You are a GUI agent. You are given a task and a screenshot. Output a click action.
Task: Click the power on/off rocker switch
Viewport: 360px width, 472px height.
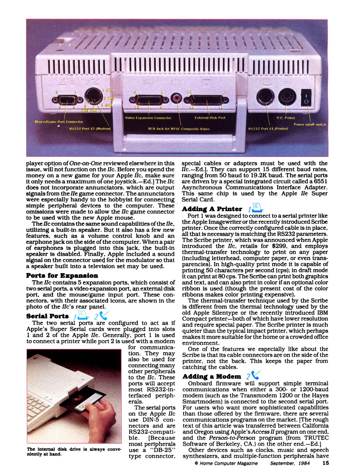pos(306,98)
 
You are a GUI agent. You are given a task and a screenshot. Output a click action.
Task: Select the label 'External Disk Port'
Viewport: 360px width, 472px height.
pos(210,118)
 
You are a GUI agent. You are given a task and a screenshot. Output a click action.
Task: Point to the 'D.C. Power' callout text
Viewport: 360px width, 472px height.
pos(285,118)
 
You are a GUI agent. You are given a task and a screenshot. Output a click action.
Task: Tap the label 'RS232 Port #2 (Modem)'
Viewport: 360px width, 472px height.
pos(90,129)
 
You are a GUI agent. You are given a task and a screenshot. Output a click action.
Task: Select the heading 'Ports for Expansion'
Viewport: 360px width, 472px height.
pos(62,276)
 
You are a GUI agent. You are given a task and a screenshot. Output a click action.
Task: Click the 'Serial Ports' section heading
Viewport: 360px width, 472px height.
pos(47,316)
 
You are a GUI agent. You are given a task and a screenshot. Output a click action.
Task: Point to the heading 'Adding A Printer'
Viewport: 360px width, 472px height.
pos(212,209)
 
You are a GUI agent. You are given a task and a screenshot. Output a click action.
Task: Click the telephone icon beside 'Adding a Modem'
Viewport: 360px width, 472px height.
pos(255,376)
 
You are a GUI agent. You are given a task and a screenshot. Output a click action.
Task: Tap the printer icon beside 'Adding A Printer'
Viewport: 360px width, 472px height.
pos(257,208)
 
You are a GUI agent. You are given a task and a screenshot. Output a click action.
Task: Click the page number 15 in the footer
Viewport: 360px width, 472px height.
pos(325,463)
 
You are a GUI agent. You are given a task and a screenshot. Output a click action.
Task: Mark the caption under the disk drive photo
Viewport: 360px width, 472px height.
pos(73,451)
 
